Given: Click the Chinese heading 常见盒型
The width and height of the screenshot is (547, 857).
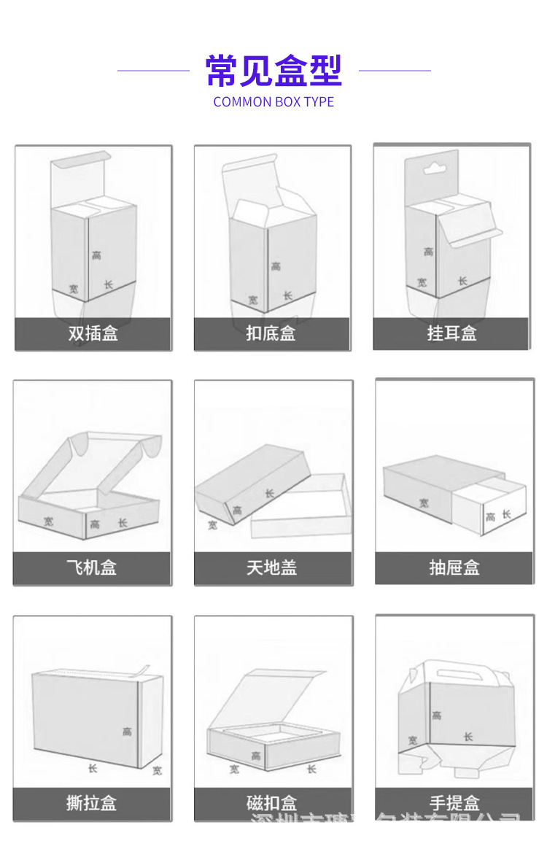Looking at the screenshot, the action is (x=273, y=71).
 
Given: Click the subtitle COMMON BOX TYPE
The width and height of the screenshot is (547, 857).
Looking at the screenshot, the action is (x=273, y=102).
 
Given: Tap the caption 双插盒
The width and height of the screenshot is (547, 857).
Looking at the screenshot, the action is (x=93, y=334).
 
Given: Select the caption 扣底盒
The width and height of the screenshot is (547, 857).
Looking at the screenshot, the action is (x=271, y=334).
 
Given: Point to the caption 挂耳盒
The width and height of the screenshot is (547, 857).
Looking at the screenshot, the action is (x=451, y=333).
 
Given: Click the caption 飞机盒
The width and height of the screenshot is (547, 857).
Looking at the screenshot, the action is (x=92, y=567).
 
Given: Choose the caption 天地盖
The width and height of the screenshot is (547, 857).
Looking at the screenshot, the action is (x=272, y=567).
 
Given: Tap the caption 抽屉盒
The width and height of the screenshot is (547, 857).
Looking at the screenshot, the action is (x=454, y=567).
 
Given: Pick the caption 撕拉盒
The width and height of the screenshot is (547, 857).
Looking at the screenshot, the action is (x=92, y=803).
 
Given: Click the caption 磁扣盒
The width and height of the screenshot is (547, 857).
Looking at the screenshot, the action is (x=272, y=804).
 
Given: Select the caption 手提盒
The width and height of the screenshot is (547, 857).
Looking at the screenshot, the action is (x=454, y=803).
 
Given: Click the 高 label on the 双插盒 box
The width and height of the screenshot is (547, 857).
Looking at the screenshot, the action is (x=97, y=255).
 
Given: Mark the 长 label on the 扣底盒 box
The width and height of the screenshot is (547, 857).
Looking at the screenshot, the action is (x=288, y=295).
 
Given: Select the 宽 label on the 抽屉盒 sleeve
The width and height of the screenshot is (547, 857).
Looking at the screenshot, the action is (x=424, y=503).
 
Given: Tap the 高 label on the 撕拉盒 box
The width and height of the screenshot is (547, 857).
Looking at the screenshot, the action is (x=127, y=731).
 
